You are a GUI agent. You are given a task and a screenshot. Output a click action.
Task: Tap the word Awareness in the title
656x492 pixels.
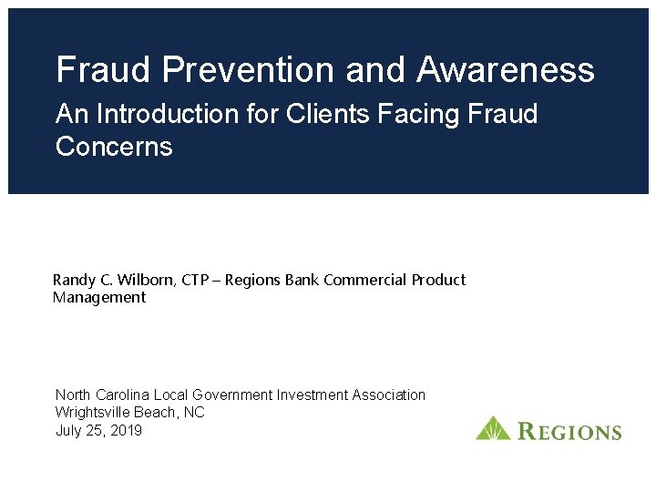pos(506,69)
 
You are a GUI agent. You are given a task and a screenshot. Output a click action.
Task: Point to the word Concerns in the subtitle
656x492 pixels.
pos(114,146)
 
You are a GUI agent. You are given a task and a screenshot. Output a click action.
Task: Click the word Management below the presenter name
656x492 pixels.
pos(99,297)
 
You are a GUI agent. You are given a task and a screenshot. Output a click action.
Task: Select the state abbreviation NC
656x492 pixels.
pos(194,412)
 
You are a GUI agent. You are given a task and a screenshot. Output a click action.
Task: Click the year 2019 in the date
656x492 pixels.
pos(125,430)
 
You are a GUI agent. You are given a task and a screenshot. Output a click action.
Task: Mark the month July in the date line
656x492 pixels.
pos(69,430)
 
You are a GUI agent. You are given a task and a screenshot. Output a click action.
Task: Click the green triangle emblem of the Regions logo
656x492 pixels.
pos(493,428)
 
